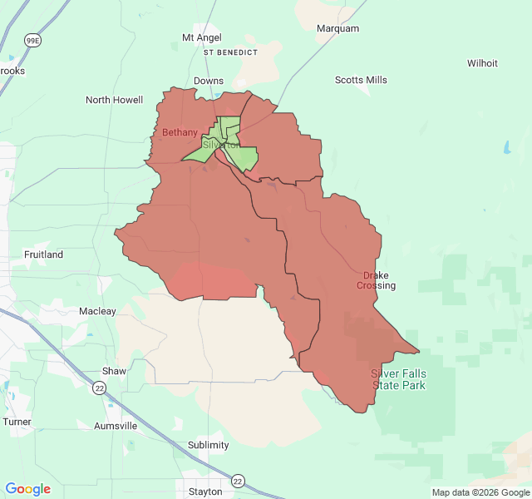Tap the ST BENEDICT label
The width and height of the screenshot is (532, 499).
(230, 52)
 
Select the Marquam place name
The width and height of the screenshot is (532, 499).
(337, 28)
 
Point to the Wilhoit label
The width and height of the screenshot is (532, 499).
(482, 63)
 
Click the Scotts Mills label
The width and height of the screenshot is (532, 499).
(361, 80)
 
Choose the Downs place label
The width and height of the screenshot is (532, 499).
(208, 81)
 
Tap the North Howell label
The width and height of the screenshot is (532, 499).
(115, 100)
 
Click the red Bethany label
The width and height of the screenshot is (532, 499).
(180, 132)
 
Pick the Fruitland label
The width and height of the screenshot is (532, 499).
(43, 254)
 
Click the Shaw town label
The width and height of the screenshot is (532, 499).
(114, 371)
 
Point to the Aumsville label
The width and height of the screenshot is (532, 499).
(116, 426)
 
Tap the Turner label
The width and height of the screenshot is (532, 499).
(17, 422)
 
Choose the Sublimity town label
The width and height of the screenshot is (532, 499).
(208, 445)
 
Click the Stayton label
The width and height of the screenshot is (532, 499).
(205, 492)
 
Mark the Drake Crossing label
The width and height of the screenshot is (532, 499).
(376, 280)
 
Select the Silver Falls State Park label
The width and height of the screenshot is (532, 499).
(398, 379)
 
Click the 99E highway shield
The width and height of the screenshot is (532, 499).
(32, 39)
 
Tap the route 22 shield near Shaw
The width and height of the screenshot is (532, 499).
(100, 388)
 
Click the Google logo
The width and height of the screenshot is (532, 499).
(28, 489)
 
